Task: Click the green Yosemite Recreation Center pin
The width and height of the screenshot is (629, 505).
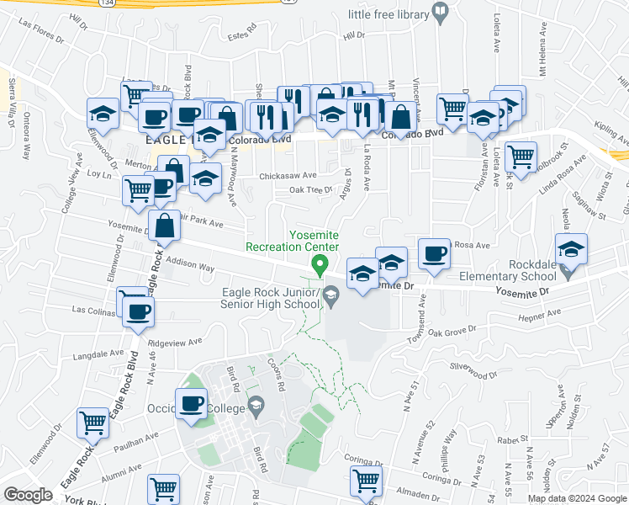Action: click(x=320, y=264)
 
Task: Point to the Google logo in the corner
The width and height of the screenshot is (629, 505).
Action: click(x=28, y=495)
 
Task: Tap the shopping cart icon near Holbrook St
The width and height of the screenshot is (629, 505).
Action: click(x=521, y=155)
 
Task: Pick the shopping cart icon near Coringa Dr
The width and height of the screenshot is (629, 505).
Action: click(x=366, y=481)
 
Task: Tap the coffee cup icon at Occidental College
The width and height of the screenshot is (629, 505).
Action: click(x=191, y=402)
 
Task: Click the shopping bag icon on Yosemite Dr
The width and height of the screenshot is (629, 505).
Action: click(x=166, y=225)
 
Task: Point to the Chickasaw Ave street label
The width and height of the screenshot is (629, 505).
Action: click(x=288, y=176)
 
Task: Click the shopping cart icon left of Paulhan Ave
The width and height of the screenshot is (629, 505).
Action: click(x=92, y=422)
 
